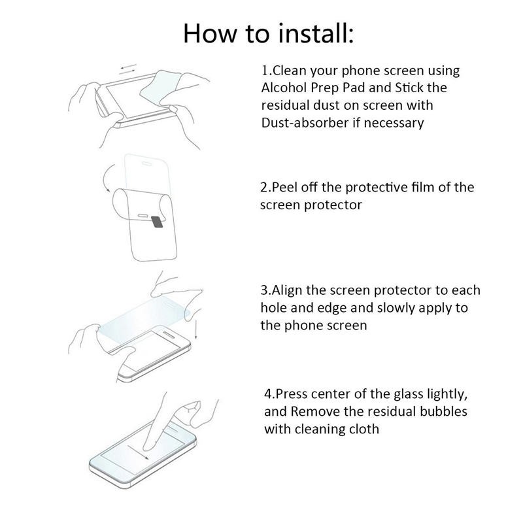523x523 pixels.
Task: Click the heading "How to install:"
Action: click(268, 33)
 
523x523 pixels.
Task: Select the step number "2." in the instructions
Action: click(265, 188)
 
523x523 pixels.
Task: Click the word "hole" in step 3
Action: click(273, 308)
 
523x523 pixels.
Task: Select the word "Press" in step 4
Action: click(292, 394)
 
